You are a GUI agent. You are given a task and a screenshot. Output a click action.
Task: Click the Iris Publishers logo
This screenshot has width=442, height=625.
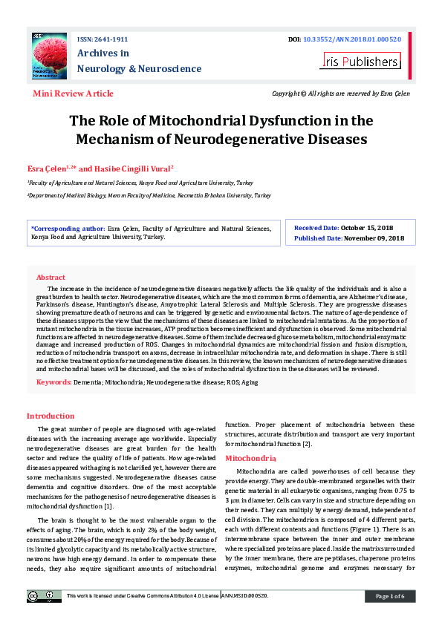360,61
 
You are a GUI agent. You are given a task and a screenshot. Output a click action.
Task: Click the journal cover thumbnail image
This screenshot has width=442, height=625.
49,56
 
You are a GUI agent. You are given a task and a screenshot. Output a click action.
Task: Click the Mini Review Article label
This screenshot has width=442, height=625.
74,94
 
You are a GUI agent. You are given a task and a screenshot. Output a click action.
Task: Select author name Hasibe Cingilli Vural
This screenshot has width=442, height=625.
133,168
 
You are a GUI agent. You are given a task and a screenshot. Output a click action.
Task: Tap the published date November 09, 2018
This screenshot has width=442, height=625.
374,238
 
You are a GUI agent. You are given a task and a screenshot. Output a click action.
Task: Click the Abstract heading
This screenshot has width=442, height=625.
51,277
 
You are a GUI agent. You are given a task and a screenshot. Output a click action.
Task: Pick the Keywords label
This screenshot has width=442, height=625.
53,382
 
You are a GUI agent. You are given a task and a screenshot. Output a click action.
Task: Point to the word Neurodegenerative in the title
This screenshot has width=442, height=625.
258,138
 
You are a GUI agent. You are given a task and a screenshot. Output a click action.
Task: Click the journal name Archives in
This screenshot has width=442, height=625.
103,53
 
